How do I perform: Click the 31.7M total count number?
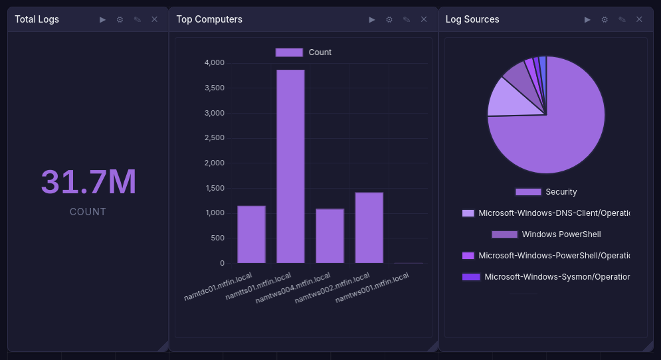[x=88, y=182]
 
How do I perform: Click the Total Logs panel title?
[x=37, y=19]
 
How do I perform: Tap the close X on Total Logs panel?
[x=155, y=19]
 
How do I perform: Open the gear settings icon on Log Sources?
[x=605, y=19]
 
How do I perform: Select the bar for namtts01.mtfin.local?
[x=290, y=166]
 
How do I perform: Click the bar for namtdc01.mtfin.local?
[x=251, y=234]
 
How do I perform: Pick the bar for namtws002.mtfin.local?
[x=369, y=228]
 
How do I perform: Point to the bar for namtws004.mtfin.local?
[x=330, y=236]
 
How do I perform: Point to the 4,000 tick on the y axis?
[x=214, y=63]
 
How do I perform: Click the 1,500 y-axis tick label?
[x=214, y=188]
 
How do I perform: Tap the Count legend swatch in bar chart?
[x=289, y=52]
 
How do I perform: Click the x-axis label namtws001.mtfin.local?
[x=372, y=289]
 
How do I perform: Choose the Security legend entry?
[x=546, y=192]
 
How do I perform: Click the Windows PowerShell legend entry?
[x=546, y=234]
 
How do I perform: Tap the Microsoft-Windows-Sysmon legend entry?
[x=546, y=277]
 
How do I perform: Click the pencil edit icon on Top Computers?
[x=407, y=19]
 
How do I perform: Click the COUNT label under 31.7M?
[x=88, y=212]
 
